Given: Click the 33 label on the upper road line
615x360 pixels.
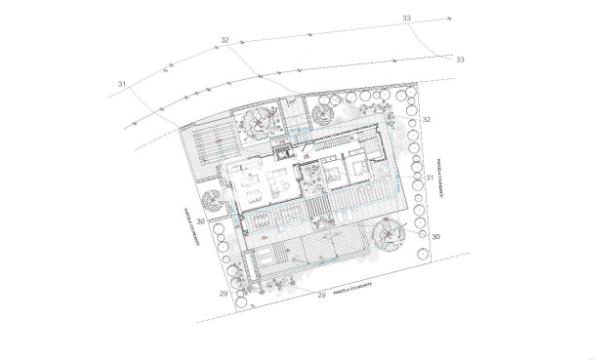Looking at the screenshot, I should coord(406,19).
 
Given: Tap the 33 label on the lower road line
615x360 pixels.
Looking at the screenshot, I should coord(460,60).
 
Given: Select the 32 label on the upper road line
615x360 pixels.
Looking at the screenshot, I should coord(225,40).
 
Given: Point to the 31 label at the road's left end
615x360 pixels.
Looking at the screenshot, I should coord(123,86).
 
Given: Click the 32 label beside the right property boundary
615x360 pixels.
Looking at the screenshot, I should coord(427,118).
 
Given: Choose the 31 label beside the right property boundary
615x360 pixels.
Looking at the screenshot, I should coord(430,178).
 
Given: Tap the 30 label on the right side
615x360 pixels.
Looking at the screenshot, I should coord(436,237).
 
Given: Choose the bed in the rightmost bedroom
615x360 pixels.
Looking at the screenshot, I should coord(357,168).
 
